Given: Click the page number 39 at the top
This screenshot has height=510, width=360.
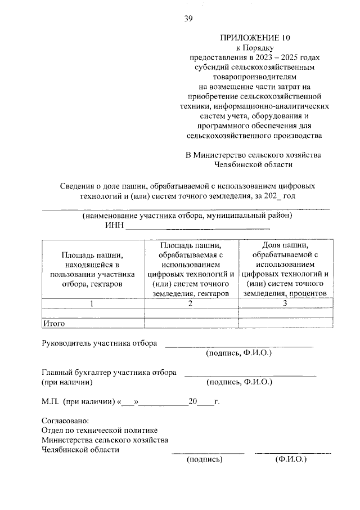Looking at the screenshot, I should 188,19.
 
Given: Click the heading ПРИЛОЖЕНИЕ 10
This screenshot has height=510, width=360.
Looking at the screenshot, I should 256,38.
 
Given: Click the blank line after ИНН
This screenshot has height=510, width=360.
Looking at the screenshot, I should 197,229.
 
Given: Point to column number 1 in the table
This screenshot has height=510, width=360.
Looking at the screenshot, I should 93,303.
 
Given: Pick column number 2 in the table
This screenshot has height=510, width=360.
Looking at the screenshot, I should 191,303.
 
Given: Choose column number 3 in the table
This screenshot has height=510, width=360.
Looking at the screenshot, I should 285,303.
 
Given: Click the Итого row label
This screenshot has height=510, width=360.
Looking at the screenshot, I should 55,323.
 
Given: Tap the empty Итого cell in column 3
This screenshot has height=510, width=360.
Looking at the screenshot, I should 285,323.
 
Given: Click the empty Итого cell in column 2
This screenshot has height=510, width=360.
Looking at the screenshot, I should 191,323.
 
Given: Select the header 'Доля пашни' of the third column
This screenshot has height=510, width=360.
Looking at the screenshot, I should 285,245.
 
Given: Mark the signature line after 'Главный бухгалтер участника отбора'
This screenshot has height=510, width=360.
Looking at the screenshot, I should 250,375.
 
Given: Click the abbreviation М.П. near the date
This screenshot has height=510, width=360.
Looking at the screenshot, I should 51,402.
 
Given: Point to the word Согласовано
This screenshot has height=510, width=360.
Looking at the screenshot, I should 65,421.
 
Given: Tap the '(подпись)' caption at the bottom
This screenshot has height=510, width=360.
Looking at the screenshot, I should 205,459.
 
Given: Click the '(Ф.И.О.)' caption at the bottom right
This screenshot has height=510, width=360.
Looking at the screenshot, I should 290,459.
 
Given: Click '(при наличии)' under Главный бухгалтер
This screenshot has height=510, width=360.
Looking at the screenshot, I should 67,382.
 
